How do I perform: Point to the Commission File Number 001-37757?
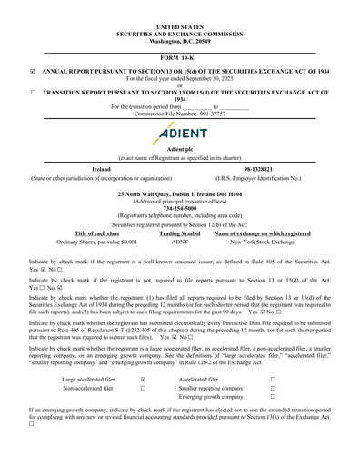pos(180,114)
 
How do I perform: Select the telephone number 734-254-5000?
pos(180,208)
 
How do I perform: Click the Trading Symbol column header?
pos(180,233)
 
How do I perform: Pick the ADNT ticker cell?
pos(180,242)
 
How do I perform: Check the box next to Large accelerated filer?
pos(144,379)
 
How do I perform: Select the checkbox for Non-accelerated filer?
pos(144,388)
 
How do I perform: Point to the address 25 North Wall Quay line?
pos(180,193)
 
